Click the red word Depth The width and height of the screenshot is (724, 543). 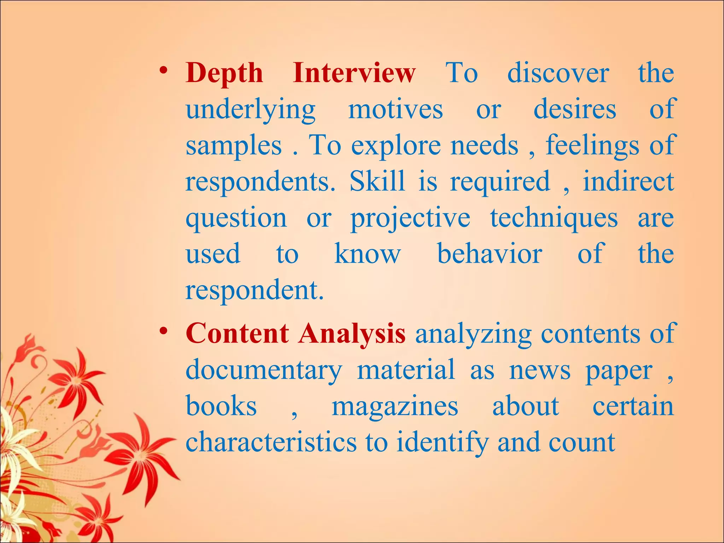click(x=224, y=73)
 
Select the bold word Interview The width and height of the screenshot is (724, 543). click(x=354, y=73)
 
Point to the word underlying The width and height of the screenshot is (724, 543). click(x=250, y=110)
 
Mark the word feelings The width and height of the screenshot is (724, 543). click(x=592, y=146)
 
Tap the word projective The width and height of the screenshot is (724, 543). click(x=410, y=219)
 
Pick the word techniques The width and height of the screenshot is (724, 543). click(x=554, y=219)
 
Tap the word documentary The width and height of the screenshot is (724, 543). click(x=264, y=371)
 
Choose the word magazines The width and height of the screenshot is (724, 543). click(x=395, y=407)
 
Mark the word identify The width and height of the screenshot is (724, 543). click(x=442, y=443)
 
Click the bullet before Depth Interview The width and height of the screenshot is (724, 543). click(x=163, y=70)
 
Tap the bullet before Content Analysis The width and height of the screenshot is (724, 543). click(x=163, y=331)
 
